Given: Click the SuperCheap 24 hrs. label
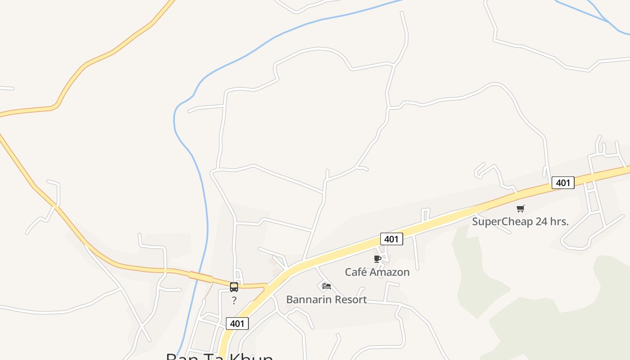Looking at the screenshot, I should coord(520,221).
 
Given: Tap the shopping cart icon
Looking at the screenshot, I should coord(521,208).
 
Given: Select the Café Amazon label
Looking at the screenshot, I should coord(377,272).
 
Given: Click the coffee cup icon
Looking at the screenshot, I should coord(378,259).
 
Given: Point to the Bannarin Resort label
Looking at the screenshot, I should coord(326,299).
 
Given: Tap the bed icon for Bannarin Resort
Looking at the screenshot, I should coord(327,286).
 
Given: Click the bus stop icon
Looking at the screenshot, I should coord(234,287).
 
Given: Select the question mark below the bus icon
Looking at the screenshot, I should coord(234,301).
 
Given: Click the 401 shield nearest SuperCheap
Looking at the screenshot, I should coord(563,183).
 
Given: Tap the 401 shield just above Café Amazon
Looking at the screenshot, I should coord(391,239).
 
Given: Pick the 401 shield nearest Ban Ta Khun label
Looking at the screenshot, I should coord(237,324).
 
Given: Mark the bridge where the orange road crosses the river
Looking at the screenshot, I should coord(201,277).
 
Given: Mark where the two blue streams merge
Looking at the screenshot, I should coord(608,21).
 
